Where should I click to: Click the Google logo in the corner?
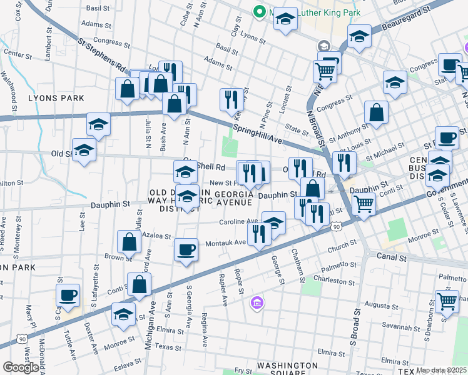click(21, 367)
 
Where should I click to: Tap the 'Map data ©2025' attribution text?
click(441, 370)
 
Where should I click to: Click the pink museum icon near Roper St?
click(255, 304)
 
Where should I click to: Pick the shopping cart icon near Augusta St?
click(447, 301)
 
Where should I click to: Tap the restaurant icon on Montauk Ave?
click(257, 234)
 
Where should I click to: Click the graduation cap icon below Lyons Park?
click(98, 124)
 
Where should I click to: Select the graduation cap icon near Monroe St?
click(124, 313)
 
